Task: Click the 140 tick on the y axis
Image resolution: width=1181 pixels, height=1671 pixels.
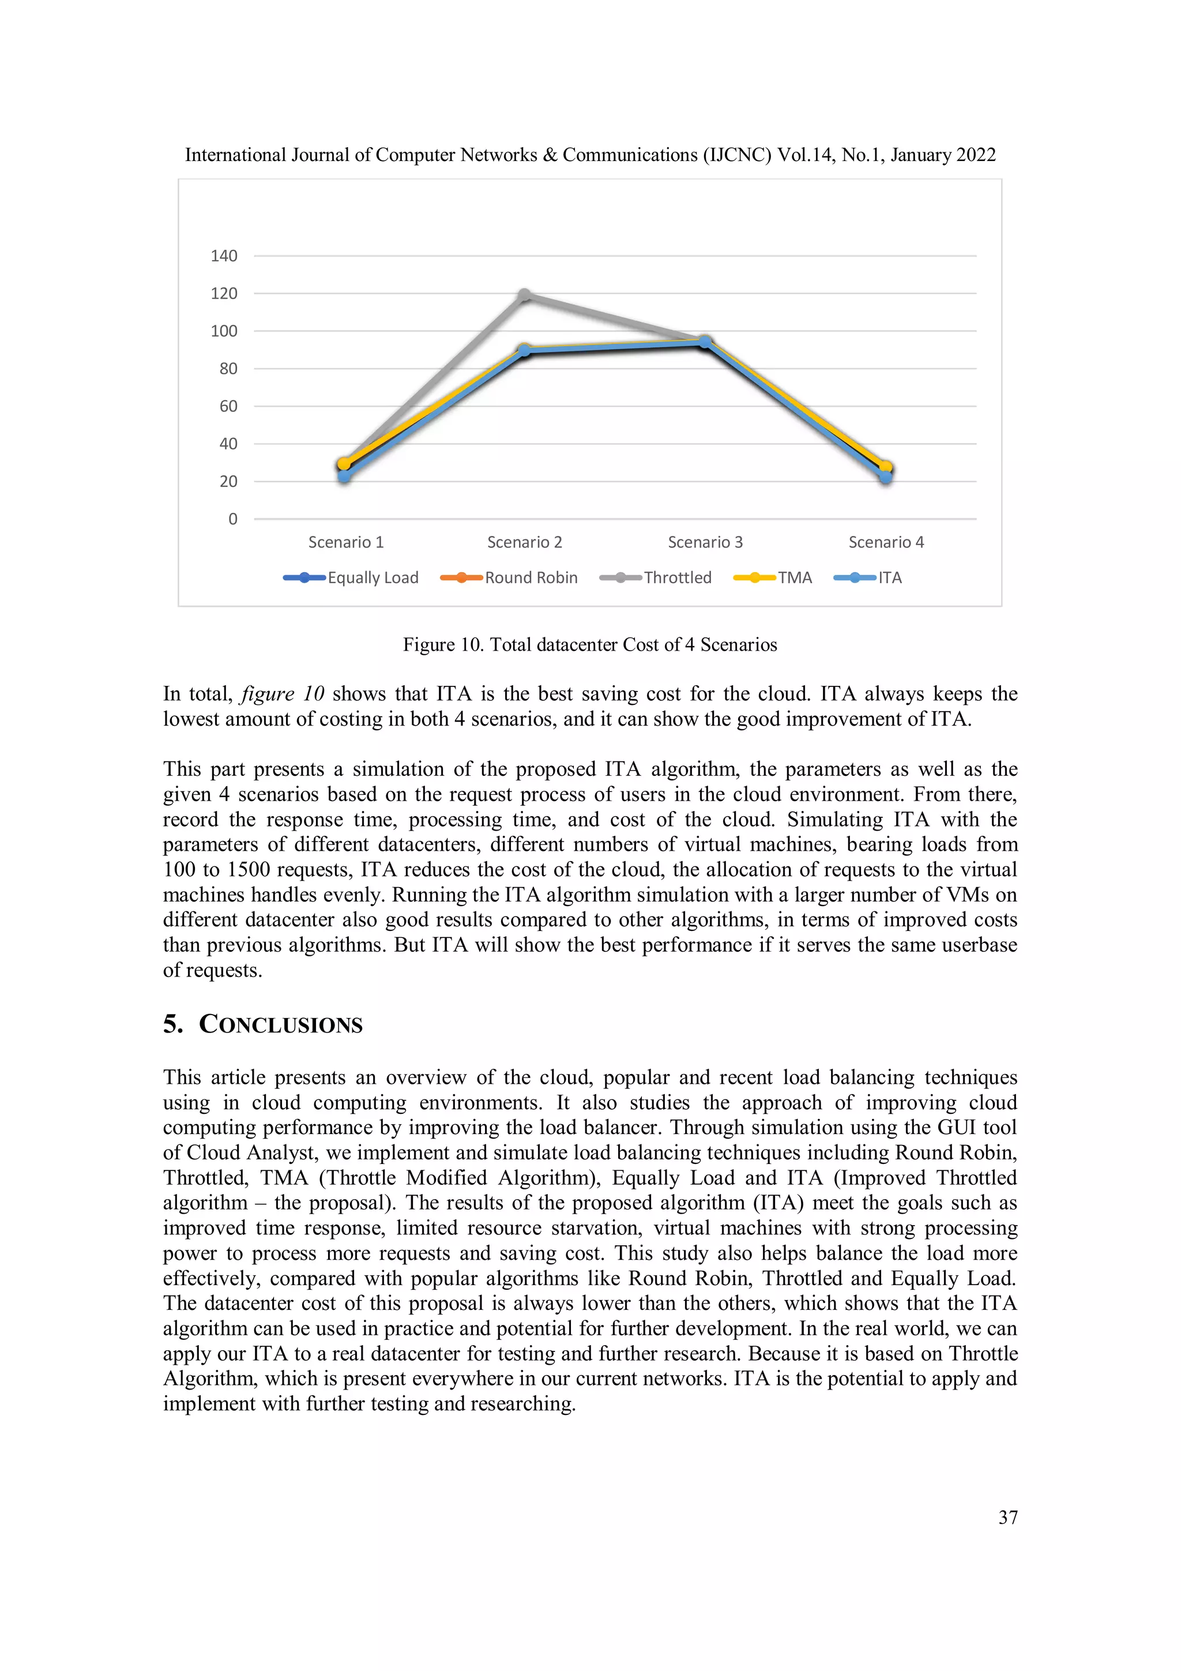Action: (224, 256)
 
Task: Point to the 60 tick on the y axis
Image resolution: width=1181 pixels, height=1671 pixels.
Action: (228, 407)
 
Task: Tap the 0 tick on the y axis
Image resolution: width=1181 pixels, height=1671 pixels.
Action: (233, 520)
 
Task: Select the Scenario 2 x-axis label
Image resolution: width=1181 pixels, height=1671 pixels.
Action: (525, 543)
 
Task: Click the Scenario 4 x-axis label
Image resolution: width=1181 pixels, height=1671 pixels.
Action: (886, 543)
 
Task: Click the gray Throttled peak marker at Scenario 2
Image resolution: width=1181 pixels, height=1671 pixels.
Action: (525, 295)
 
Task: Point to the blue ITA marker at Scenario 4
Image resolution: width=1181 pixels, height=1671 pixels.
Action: (886, 476)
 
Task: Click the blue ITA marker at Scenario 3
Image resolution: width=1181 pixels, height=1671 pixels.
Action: (704, 342)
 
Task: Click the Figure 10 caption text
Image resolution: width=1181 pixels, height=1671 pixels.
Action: (589, 645)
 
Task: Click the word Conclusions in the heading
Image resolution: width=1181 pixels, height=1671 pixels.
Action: (281, 1025)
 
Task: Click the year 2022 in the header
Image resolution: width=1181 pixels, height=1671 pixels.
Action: (976, 155)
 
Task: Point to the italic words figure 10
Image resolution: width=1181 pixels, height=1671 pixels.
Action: (283, 693)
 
